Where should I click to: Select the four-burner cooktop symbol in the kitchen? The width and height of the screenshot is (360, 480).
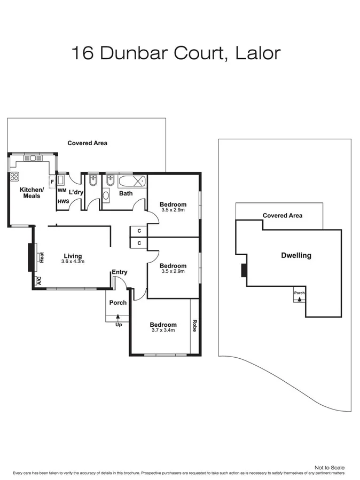14,177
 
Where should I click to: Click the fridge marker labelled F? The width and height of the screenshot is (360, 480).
52,182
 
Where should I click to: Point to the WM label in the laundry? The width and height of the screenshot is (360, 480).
62,191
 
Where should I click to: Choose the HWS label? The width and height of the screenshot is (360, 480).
62,201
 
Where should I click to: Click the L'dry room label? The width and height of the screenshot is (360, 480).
76,192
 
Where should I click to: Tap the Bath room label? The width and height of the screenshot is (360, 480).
126,193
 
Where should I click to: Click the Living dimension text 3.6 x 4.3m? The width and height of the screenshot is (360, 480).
73,262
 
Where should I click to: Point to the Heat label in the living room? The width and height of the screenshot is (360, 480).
41,258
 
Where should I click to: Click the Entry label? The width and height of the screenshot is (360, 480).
119,272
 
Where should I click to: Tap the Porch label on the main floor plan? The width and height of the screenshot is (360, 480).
118,303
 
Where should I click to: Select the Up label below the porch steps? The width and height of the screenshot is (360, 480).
118,325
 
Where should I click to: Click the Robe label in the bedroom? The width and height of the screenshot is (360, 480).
194,326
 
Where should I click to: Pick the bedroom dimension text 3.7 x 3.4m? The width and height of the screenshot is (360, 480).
163,331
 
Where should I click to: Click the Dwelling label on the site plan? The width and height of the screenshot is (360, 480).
296,255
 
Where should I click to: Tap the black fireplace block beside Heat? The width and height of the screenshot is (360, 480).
31,258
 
